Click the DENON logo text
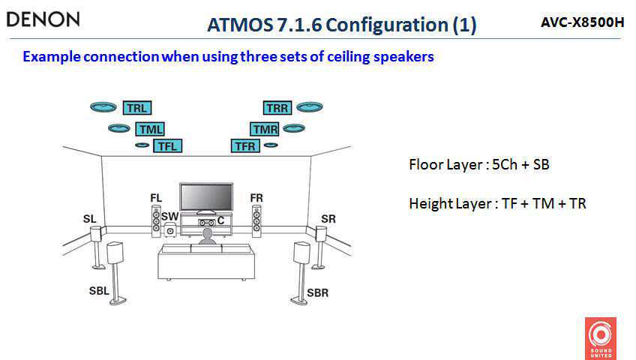(43, 19)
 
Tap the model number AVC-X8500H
(582, 22)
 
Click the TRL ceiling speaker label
(136, 108)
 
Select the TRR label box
(277, 108)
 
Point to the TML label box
(149, 129)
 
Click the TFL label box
(166, 145)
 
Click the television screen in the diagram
(205, 196)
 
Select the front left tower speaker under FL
(156, 222)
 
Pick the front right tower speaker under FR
(256, 222)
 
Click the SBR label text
(317, 292)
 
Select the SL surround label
(89, 218)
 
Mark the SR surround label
(328, 218)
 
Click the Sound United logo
(600, 337)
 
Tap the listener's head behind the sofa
(205, 235)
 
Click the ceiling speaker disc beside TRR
(309, 107)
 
